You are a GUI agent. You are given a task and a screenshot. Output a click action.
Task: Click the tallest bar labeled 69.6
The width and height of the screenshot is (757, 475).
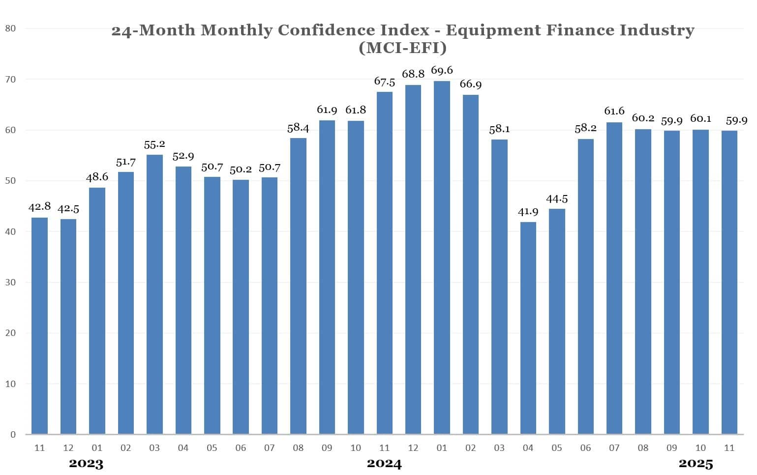(x=442, y=257)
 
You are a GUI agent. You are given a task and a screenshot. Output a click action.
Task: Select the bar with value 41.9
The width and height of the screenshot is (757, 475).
(x=528, y=328)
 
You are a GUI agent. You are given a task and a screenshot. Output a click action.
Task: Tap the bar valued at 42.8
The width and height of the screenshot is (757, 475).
(x=39, y=326)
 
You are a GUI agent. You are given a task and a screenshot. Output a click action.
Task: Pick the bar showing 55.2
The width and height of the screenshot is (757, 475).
(x=154, y=294)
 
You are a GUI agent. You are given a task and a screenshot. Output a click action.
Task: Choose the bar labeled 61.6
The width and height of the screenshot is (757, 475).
(x=614, y=278)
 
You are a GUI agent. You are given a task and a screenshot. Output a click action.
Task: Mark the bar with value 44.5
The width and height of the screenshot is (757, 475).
(x=557, y=321)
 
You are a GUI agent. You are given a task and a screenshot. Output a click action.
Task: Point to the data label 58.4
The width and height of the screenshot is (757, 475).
(x=298, y=128)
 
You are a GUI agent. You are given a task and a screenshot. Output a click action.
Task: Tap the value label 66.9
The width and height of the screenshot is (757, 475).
(x=471, y=84)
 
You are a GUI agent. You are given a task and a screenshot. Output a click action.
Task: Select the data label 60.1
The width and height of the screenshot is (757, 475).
(x=700, y=119)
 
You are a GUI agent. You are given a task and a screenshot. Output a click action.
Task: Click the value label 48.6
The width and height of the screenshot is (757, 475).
(x=97, y=177)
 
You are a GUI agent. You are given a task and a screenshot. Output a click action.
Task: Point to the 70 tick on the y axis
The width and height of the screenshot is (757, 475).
(x=10, y=79)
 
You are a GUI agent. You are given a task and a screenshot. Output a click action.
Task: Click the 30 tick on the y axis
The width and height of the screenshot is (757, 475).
(x=10, y=282)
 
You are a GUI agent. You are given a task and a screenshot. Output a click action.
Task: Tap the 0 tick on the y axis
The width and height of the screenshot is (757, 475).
(x=13, y=435)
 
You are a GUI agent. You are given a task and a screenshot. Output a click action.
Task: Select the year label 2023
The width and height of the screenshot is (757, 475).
(x=86, y=464)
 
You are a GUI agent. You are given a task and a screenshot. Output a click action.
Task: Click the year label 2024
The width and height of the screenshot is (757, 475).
(x=384, y=464)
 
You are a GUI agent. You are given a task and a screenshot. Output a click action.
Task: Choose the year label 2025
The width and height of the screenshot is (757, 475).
(x=696, y=464)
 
